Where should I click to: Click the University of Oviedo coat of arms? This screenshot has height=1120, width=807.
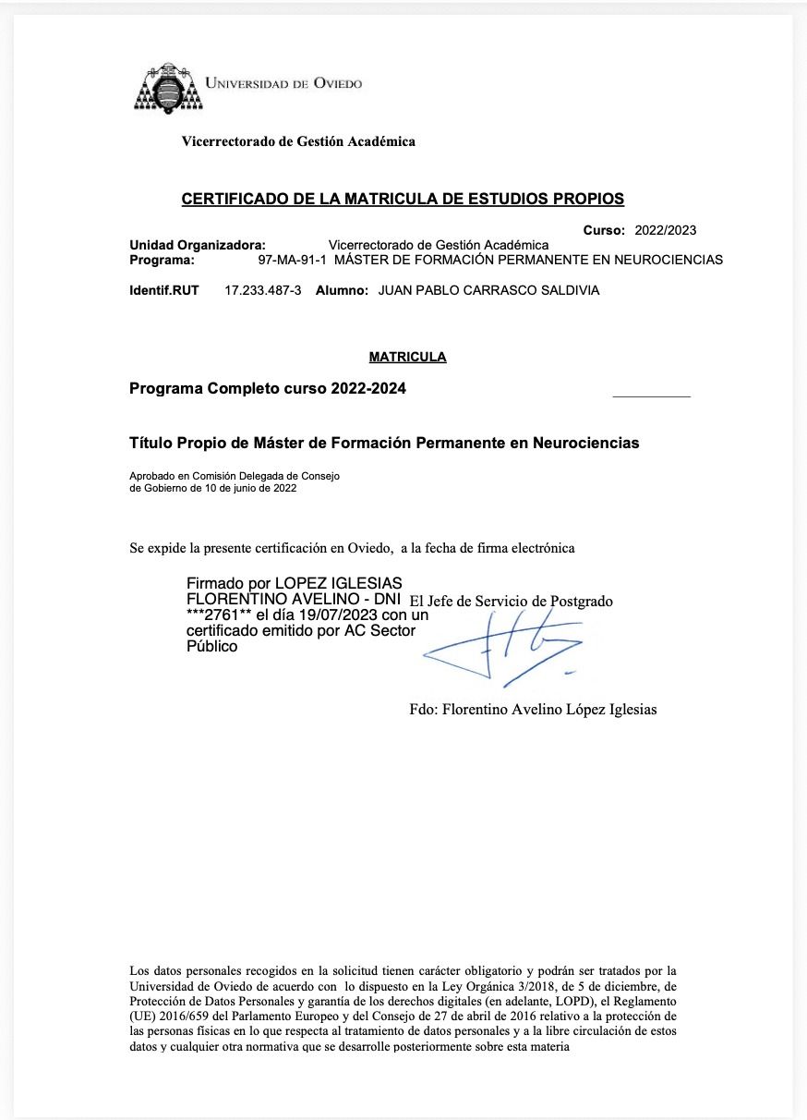click(x=169, y=91)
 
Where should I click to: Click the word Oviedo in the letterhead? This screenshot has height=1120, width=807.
click(x=338, y=83)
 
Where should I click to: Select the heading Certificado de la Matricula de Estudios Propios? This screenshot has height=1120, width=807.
click(x=403, y=199)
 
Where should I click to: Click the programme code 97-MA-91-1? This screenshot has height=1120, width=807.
click(x=292, y=260)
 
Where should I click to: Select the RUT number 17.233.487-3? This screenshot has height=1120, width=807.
click(x=263, y=290)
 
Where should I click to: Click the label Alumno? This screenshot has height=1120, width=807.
click(x=342, y=290)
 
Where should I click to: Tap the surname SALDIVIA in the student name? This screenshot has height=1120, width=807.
click(x=566, y=290)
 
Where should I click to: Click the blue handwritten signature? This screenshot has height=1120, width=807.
click(x=503, y=648)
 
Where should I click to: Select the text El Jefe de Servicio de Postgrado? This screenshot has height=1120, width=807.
click(x=511, y=601)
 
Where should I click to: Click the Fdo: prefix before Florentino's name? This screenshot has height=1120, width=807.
click(x=424, y=710)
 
